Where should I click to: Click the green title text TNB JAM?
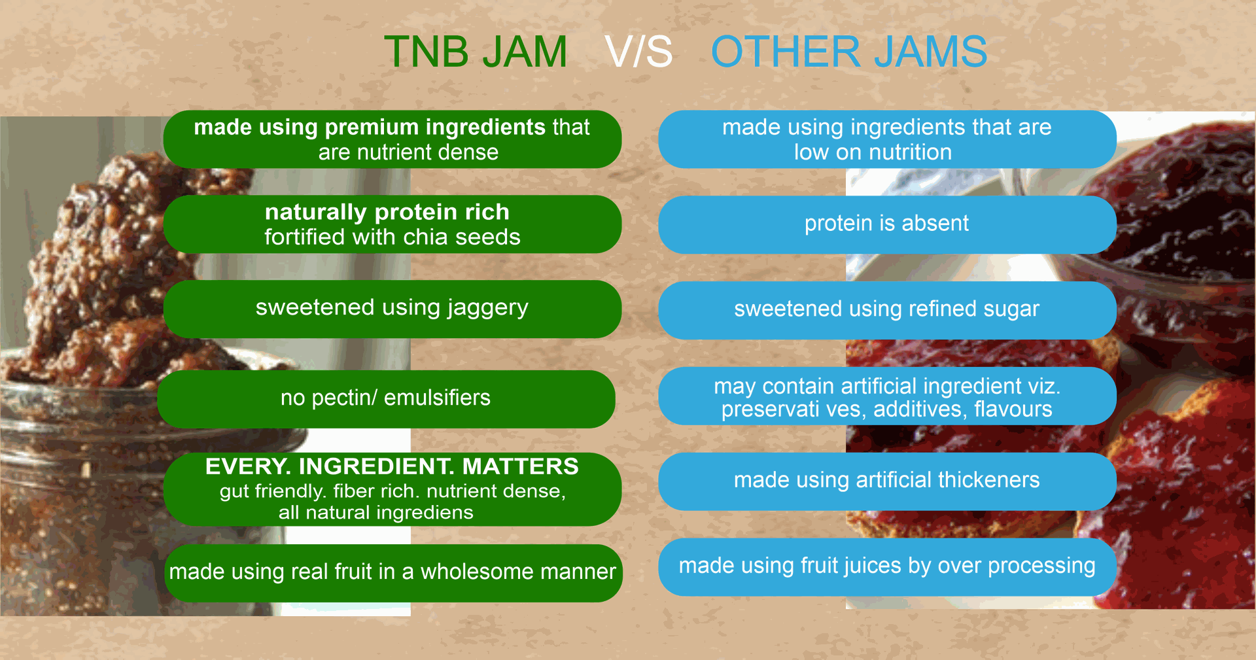click(476, 52)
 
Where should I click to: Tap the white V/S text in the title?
click(639, 52)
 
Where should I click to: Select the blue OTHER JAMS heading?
click(849, 52)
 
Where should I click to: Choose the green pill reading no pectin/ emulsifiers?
click(386, 399)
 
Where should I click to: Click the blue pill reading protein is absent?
click(887, 224)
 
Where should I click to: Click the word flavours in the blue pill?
click(1013, 409)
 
